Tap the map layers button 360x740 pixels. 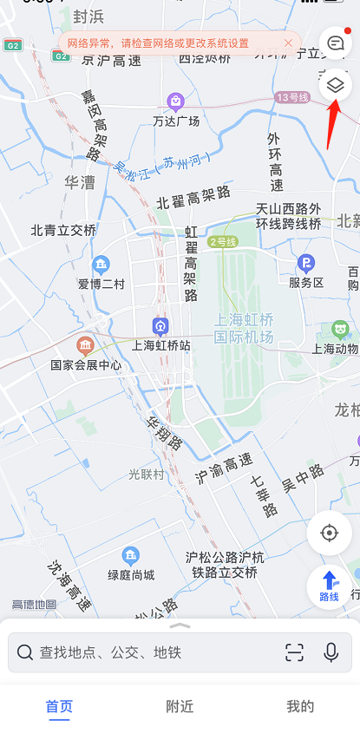click(x=336, y=85)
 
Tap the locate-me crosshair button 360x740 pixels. click(x=329, y=532)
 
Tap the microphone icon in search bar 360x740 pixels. click(x=331, y=652)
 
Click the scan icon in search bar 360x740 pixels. click(x=295, y=652)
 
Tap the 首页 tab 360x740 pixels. click(x=59, y=706)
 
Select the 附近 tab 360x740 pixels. click(x=180, y=706)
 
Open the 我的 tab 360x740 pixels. click(x=300, y=706)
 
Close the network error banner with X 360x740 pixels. click(x=288, y=43)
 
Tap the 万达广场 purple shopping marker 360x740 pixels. click(x=176, y=102)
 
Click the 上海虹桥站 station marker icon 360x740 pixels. click(x=160, y=325)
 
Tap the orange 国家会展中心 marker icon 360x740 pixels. click(x=85, y=345)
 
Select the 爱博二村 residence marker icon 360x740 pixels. click(x=101, y=264)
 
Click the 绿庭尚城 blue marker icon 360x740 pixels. click(x=131, y=554)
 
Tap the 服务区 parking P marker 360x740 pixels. click(x=305, y=263)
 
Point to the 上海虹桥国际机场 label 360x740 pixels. click(x=244, y=328)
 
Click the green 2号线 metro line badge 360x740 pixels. click(x=221, y=241)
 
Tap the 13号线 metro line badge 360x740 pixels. click(x=292, y=97)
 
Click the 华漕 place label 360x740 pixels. click(x=80, y=182)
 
